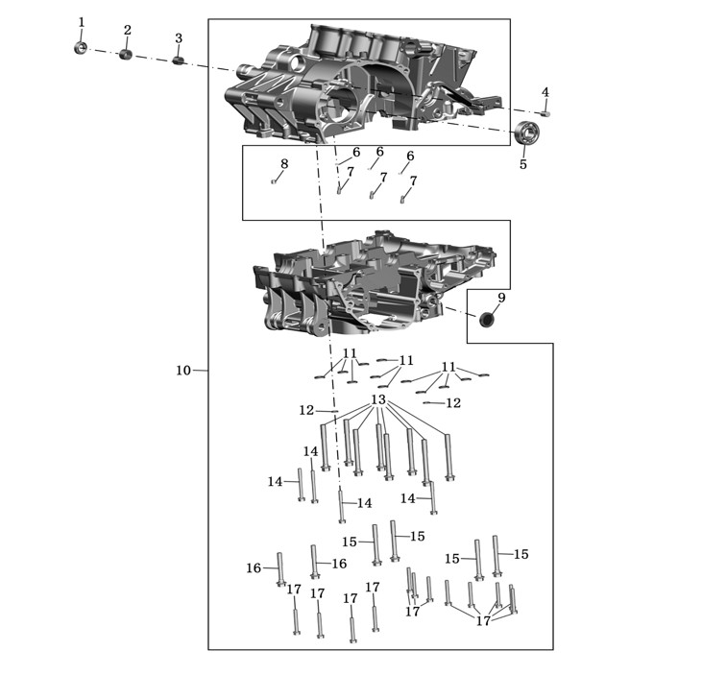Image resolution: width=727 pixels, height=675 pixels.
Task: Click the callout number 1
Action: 82,22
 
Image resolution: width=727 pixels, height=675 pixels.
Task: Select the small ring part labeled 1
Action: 81,47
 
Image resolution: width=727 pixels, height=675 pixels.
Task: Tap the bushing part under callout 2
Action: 126,54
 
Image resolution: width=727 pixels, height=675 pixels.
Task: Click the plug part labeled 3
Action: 179,60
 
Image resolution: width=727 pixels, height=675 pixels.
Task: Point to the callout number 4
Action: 545,92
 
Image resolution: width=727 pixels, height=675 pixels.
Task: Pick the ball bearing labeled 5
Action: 527,133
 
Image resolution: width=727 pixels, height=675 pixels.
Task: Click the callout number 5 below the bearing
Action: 523,164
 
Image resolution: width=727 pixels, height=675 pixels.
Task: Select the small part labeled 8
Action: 274,181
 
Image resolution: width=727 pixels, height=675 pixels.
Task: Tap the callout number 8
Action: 284,163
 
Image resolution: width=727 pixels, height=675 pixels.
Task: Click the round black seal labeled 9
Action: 486,319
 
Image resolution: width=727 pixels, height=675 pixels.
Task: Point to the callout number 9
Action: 501,298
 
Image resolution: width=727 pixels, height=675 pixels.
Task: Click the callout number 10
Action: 183,371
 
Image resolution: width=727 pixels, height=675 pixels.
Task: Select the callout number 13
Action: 378,399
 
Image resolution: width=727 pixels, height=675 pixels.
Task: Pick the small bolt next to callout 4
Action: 545,114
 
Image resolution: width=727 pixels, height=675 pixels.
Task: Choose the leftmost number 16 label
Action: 254,567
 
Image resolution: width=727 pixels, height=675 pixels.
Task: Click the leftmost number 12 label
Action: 306,410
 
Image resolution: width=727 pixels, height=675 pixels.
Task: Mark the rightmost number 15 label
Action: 521,554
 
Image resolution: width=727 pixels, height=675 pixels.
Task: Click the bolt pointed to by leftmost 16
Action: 280,569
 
